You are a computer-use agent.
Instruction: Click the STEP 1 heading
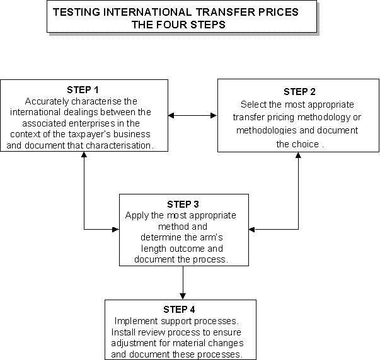point(83,90)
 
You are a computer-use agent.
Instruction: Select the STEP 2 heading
point(299,92)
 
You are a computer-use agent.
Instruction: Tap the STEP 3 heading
point(183,205)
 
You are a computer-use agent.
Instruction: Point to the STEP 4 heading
point(179,310)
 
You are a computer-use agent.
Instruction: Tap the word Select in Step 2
point(253,104)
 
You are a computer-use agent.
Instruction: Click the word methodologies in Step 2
point(267,130)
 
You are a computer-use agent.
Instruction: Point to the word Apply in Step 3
point(137,215)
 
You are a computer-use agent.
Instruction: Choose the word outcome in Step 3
point(187,249)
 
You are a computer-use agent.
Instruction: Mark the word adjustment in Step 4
point(134,343)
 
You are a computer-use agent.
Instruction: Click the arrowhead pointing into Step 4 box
point(183,296)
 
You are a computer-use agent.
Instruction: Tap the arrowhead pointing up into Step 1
point(84,155)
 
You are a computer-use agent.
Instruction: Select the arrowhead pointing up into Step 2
point(298,155)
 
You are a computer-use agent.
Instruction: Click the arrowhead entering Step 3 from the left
point(116,229)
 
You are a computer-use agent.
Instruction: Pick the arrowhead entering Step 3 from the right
point(252,229)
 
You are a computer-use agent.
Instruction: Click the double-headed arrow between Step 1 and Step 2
point(193,115)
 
